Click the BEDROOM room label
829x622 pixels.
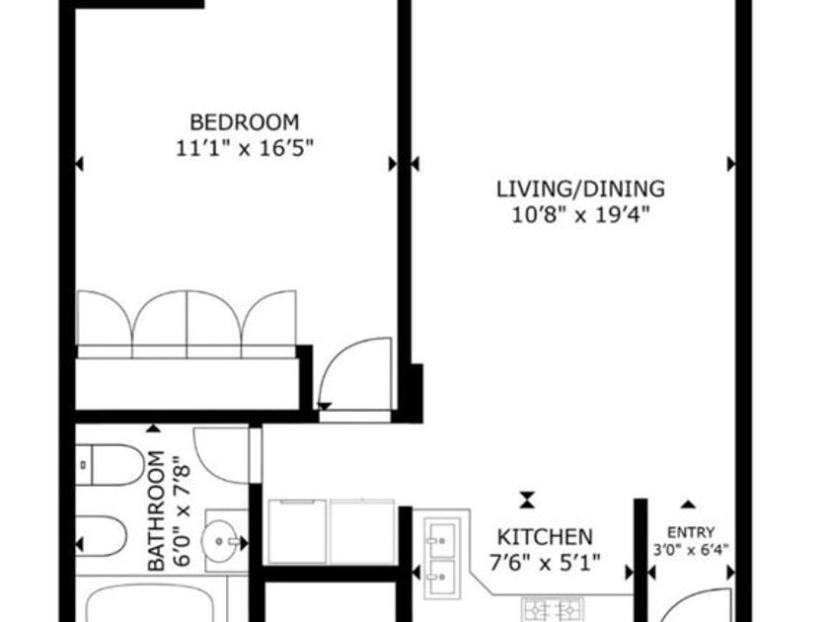coord(245,122)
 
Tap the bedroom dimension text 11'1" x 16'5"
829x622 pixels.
coord(245,149)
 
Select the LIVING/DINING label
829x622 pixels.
coord(580,189)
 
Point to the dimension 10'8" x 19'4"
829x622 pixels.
coord(580,215)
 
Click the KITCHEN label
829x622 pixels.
coord(545,537)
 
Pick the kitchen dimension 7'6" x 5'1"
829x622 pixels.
coord(545,563)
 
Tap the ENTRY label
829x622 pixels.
coord(691,532)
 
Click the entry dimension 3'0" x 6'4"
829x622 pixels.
coord(691,550)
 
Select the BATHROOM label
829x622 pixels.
coord(157,511)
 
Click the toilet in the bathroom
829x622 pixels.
coord(110,465)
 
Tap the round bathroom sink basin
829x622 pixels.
coord(219,541)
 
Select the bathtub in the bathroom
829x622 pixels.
coord(150,603)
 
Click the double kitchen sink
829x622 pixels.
coord(442,559)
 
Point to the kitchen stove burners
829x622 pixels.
coord(553,610)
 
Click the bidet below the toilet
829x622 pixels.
coord(101,535)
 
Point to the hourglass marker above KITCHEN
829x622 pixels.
coord(527,500)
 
